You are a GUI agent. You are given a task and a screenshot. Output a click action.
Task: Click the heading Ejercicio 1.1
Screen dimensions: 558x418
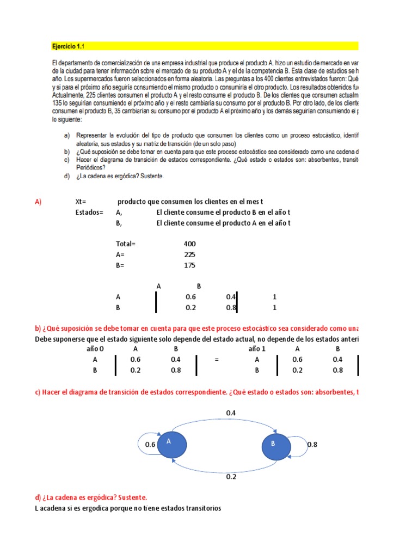69,46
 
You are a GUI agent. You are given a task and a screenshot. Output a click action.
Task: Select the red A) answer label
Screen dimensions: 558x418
38,202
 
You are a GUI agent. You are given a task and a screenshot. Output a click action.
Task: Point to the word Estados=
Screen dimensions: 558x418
89,212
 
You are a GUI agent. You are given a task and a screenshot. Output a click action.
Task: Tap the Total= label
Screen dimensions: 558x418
125,244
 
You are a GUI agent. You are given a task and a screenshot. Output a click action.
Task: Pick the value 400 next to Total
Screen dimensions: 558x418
190,244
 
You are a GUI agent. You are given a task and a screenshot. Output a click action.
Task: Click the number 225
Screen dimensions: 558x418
190,254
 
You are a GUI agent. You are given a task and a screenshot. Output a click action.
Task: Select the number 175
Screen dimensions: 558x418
190,265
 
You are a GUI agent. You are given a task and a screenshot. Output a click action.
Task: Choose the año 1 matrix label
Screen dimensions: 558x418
257,349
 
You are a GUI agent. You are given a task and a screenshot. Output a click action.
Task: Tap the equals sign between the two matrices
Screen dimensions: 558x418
216,360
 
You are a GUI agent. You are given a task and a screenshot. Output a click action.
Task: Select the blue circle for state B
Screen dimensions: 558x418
276,445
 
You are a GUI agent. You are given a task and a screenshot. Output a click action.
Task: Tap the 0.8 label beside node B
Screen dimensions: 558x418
312,445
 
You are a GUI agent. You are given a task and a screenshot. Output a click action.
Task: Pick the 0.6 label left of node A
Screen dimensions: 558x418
150,445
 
